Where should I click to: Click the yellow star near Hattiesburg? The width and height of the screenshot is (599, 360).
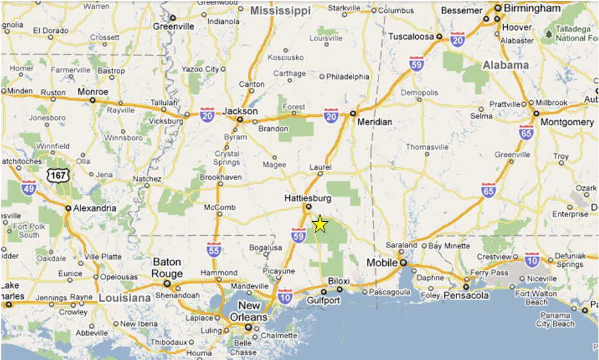click(320, 224)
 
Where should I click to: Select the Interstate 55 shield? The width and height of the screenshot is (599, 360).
click(213, 249)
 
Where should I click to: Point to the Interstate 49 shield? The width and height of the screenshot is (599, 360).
click(28, 187)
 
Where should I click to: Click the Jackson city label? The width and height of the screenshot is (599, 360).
click(240, 111)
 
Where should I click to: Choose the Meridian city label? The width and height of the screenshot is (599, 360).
click(375, 122)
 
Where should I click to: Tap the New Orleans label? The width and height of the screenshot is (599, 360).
click(249, 311)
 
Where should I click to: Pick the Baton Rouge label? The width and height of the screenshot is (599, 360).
click(167, 267)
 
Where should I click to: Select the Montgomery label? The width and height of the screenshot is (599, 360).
click(567, 122)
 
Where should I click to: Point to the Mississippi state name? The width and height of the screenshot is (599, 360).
click(280, 11)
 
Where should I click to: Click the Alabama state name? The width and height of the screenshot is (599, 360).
click(506, 65)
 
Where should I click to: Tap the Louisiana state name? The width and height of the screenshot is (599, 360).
click(125, 298)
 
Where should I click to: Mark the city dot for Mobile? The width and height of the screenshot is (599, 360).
click(403, 263)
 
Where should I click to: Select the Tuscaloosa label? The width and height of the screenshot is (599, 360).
click(411, 37)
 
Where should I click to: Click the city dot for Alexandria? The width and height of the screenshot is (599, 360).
click(68, 208)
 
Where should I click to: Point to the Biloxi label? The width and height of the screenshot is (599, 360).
click(339, 281)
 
